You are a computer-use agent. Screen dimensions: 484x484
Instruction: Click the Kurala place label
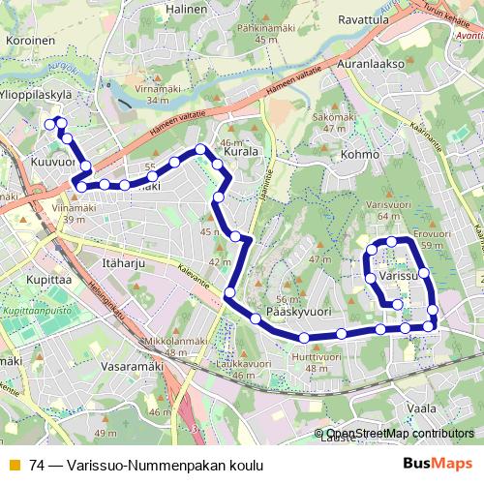[x=240, y=152]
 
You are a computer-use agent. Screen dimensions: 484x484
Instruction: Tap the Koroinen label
[x=30, y=42]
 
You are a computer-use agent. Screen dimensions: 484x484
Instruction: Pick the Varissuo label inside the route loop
[x=398, y=276]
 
